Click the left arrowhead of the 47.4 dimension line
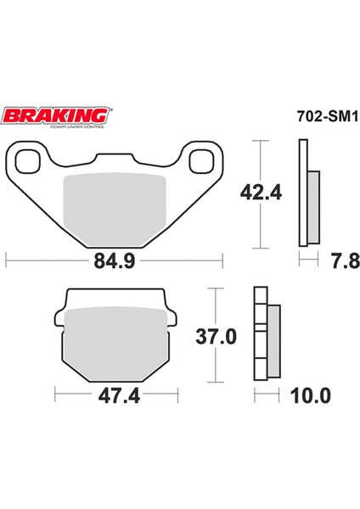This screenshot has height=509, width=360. [x=56, y=394]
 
